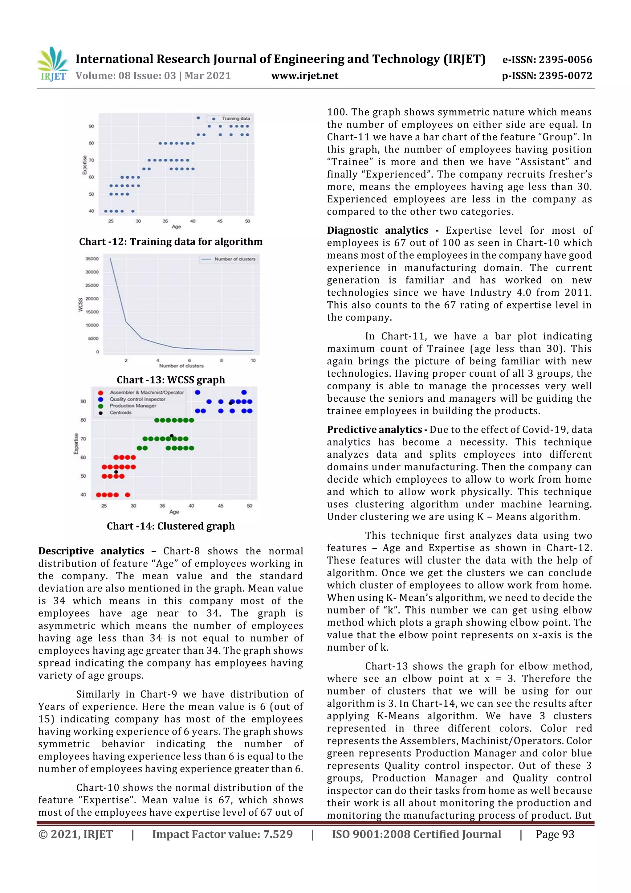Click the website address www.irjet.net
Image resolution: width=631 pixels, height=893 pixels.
pyautogui.click(x=304, y=76)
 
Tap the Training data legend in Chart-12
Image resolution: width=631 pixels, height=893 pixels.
pyautogui.click(x=231, y=118)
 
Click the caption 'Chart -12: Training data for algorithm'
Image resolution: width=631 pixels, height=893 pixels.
pyautogui.click(x=171, y=242)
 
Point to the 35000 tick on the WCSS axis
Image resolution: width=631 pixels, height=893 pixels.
pyautogui.click(x=92, y=259)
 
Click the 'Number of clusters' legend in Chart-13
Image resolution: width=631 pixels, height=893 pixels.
pyautogui.click(x=229, y=259)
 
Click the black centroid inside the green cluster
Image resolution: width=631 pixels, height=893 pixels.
pyautogui.click(x=171, y=436)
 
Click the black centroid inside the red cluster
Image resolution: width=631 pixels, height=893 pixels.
pyautogui.click(x=116, y=472)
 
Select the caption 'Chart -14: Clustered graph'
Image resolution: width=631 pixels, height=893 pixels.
pyautogui.click(x=171, y=526)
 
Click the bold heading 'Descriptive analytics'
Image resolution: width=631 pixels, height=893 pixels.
pyautogui.click(x=91, y=551)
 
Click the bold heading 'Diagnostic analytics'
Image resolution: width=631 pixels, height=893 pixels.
pyautogui.click(x=377, y=230)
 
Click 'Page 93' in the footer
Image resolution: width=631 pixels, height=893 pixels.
pyautogui.click(x=554, y=834)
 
